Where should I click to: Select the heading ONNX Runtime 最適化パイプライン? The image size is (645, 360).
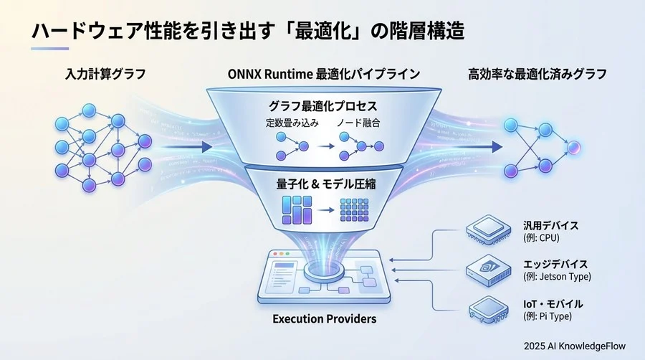pyautogui.click(x=323, y=73)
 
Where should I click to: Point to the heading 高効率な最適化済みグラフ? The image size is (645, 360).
pyautogui.click(x=537, y=73)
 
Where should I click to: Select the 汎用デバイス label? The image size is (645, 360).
pyautogui.click(x=551, y=225)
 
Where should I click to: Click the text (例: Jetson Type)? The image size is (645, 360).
pyautogui.click(x=560, y=277)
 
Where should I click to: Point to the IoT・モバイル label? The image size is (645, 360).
pyautogui.click(x=552, y=303)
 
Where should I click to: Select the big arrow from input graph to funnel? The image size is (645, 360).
pyautogui.click(x=186, y=147)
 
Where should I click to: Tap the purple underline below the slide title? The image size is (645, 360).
pyautogui.click(x=50, y=49)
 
